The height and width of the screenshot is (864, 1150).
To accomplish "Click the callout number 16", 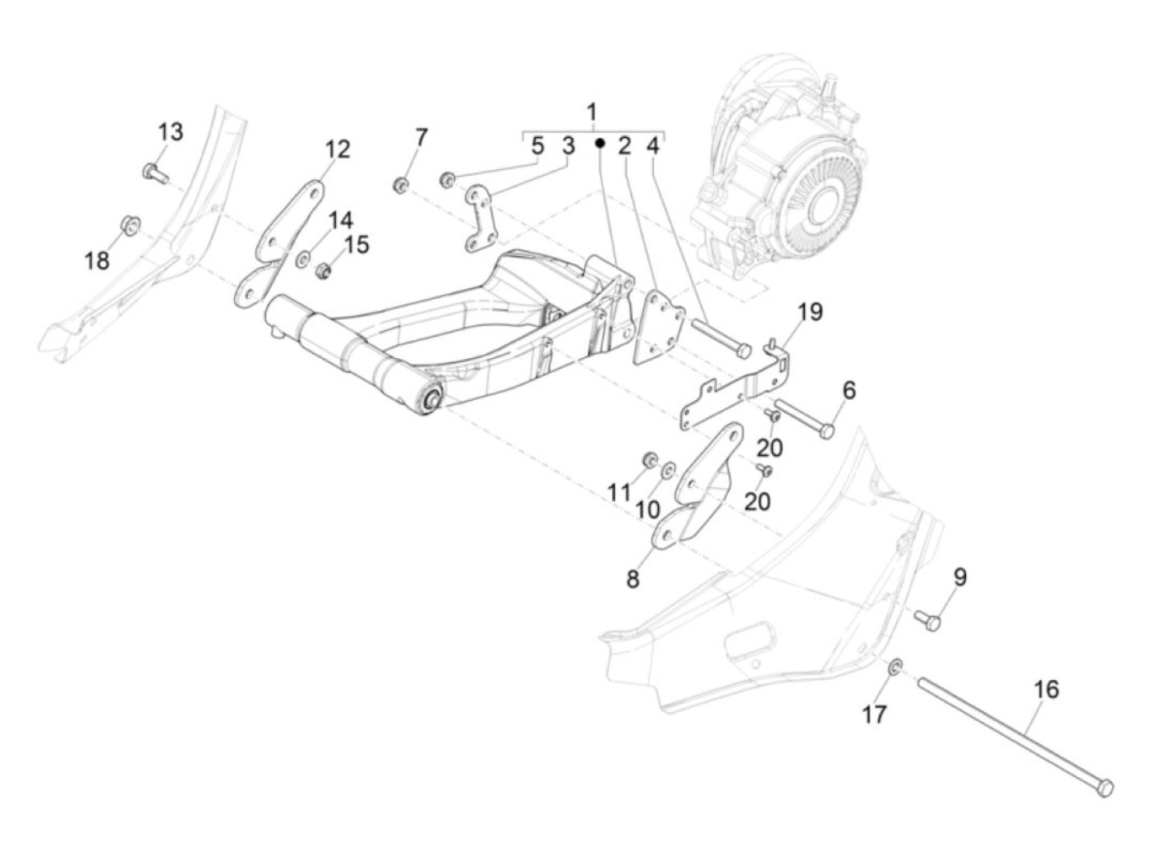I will tap(1046, 688).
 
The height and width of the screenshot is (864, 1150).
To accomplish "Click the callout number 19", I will tap(809, 312).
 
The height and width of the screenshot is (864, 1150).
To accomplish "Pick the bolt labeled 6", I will tap(805, 416).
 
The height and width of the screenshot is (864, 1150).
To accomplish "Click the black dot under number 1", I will tap(600, 143).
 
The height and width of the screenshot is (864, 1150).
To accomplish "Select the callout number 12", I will tap(337, 149).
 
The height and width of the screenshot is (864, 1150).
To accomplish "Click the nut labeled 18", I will tap(129, 223).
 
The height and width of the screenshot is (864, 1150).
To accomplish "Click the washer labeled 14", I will tap(302, 259).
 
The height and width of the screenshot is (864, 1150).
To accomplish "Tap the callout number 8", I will tap(632, 579).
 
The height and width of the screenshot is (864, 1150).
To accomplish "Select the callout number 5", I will tap(537, 147).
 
